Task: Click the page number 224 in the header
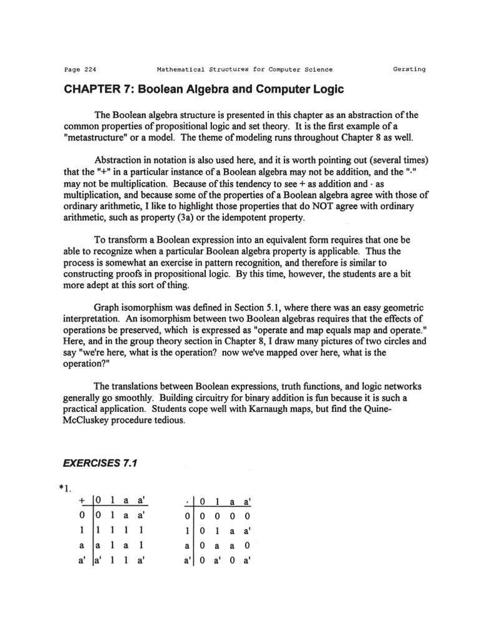[87, 69]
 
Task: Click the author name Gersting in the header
[409, 69]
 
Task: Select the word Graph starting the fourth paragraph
[109, 308]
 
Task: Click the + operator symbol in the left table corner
[81, 502]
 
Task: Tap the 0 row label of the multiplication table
[186, 516]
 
